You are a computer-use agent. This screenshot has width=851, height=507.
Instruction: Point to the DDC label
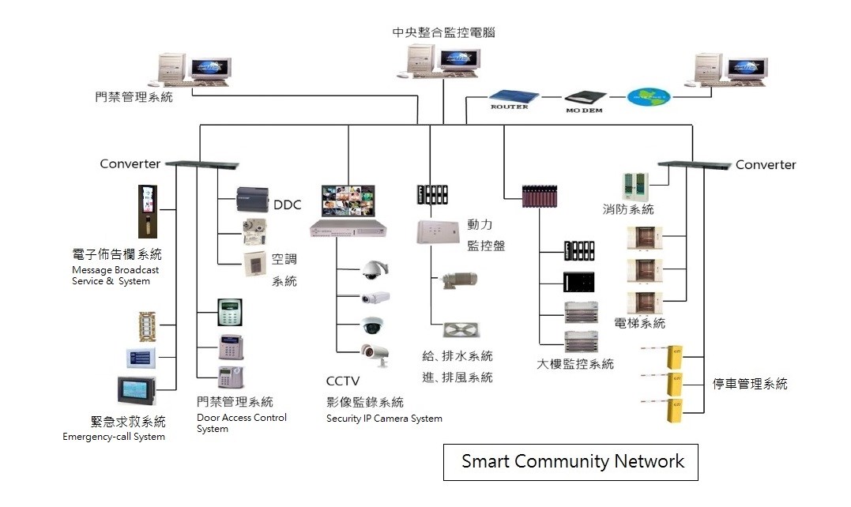pyautogui.click(x=287, y=205)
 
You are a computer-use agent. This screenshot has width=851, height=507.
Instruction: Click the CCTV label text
pyautogui.click(x=342, y=382)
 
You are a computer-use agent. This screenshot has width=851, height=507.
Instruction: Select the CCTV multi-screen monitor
pyautogui.click(x=347, y=201)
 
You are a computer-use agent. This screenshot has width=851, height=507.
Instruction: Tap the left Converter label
pyautogui.click(x=130, y=164)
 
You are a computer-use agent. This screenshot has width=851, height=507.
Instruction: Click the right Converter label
pyautogui.click(x=766, y=165)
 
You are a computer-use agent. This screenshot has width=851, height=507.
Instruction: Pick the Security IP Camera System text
pyautogui.click(x=384, y=419)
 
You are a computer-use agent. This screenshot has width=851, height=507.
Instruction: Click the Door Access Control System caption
pyautogui.click(x=241, y=423)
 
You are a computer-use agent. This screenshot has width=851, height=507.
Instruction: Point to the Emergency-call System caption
pyautogui.click(x=114, y=437)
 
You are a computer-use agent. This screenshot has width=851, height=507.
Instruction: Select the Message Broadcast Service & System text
pyautogui.click(x=115, y=276)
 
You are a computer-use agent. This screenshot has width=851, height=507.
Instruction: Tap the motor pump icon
pyautogui.click(x=458, y=279)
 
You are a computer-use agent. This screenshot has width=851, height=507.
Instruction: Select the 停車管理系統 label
pyautogui.click(x=750, y=385)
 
